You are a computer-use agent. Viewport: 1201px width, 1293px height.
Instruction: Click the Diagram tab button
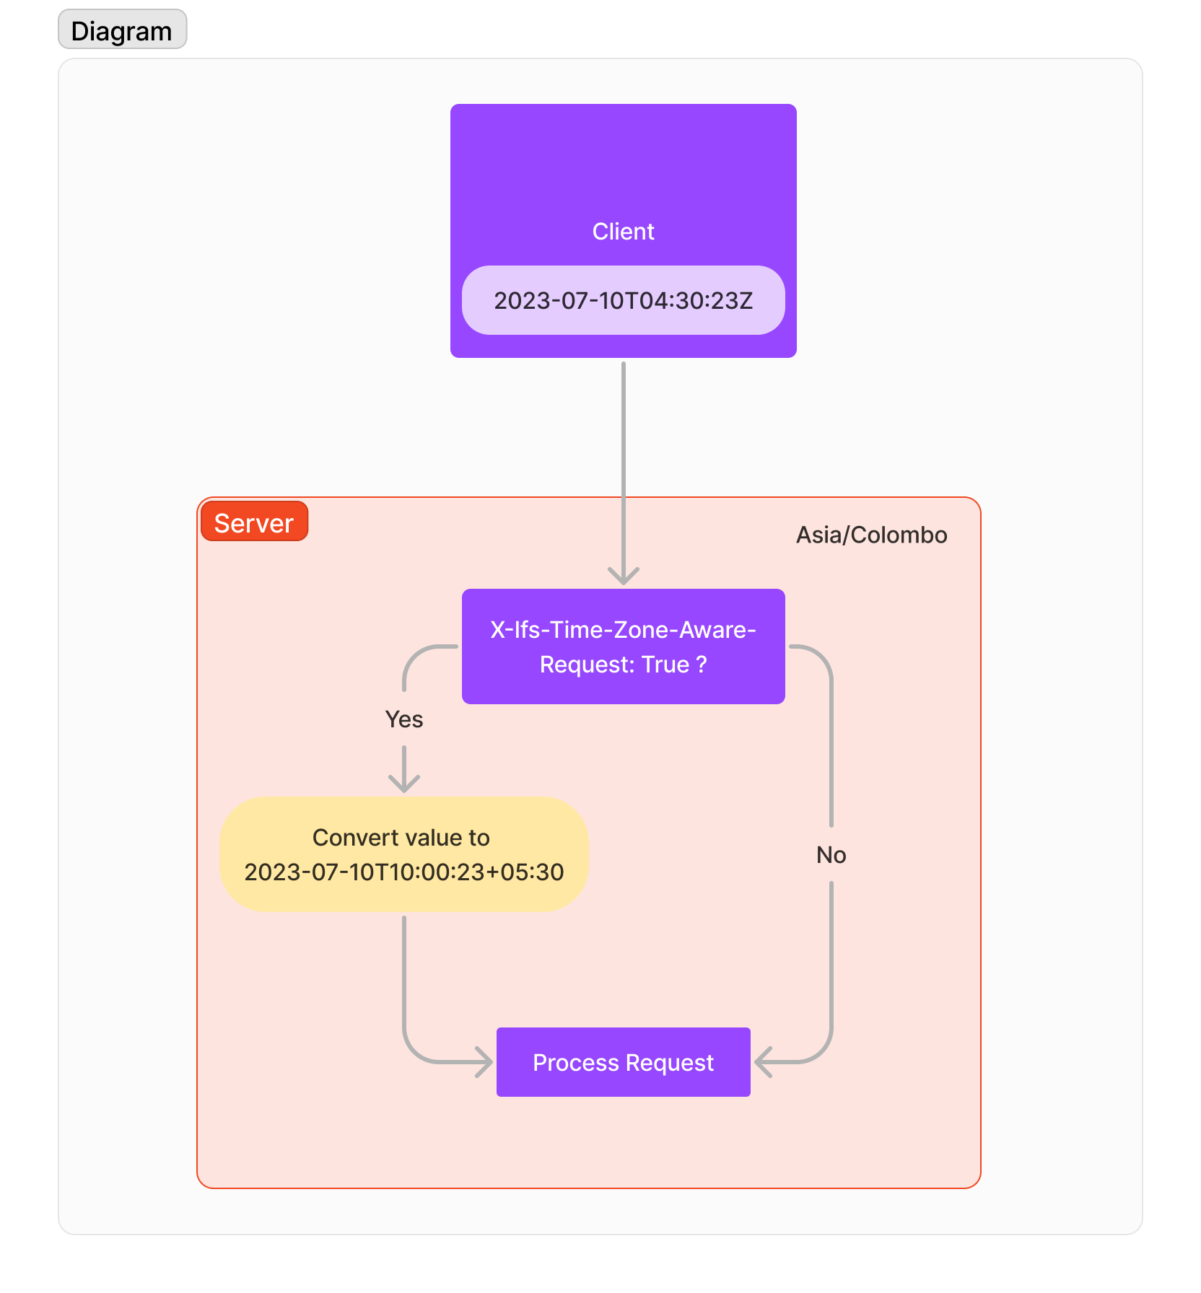tap(122, 30)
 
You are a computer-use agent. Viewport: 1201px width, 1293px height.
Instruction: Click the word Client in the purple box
tap(623, 232)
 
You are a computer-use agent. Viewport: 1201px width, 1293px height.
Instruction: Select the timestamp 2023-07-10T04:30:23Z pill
tap(623, 300)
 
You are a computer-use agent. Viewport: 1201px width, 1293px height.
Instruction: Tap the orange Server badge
tap(254, 522)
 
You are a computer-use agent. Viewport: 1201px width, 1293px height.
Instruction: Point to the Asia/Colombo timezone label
tap(871, 535)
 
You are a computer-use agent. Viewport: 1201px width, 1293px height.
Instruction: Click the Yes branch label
tap(404, 719)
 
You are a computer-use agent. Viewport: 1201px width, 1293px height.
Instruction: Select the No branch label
tap(831, 855)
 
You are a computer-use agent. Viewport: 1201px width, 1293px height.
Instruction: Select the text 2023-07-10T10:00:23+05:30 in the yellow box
tap(404, 872)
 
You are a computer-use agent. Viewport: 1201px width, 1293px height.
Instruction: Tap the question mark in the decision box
tap(702, 665)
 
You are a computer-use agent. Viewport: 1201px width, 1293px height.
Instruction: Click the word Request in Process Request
tap(669, 1063)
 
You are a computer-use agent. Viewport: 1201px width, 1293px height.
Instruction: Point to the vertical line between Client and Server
tap(623, 433)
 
